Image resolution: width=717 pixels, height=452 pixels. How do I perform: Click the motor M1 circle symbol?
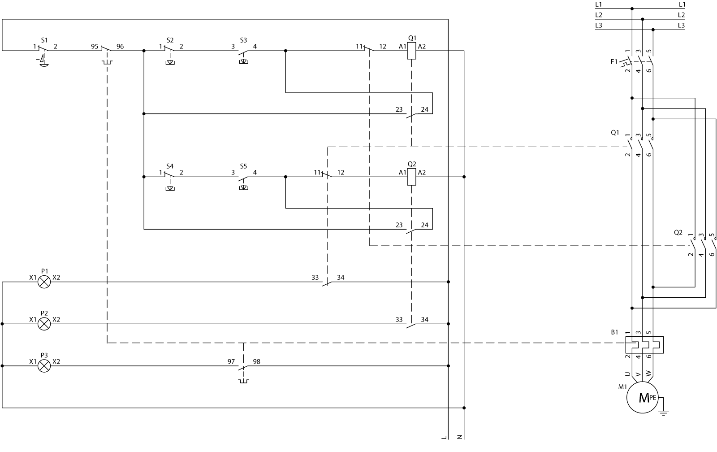click(644, 397)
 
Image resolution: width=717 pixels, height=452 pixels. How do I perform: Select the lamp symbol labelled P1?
click(44, 282)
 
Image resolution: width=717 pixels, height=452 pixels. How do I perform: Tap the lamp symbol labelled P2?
click(44, 324)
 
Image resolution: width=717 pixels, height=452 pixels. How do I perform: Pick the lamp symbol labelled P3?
click(44, 366)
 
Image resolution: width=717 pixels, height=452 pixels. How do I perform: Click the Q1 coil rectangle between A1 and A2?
click(411, 51)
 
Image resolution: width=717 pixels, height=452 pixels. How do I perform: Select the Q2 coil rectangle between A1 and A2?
click(411, 177)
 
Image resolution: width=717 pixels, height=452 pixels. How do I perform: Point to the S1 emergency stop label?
click(44, 40)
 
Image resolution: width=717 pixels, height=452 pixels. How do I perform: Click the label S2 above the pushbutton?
click(170, 40)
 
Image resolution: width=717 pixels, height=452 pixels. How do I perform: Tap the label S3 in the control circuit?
click(243, 40)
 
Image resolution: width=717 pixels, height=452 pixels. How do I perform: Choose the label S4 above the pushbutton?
click(170, 166)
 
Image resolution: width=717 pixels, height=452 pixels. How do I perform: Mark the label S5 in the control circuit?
click(243, 166)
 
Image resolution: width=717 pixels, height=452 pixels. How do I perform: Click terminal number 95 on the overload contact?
click(95, 46)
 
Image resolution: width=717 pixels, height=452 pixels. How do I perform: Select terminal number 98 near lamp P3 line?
click(257, 361)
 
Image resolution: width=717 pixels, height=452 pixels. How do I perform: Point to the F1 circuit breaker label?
click(614, 61)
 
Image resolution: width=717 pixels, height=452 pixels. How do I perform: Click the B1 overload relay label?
click(614, 333)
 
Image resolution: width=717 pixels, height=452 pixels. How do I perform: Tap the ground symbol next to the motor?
click(664, 411)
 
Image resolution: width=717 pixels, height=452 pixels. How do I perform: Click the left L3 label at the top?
click(599, 26)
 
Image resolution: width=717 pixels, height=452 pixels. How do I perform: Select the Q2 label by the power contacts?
click(678, 232)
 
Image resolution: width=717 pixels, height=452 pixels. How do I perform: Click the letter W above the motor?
click(648, 373)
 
